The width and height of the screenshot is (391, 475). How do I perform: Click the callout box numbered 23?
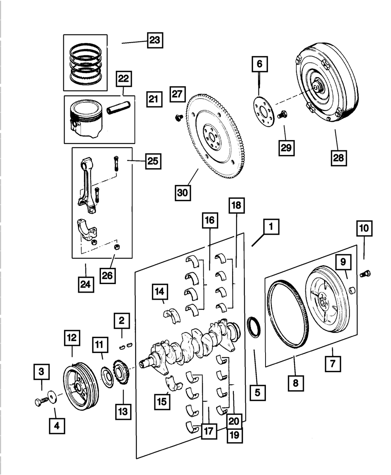[x=155, y=40]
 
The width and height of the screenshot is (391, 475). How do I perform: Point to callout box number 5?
[x=257, y=392]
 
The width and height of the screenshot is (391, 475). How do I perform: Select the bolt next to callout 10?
[x=367, y=273]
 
